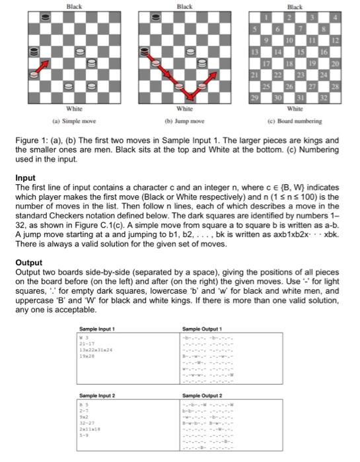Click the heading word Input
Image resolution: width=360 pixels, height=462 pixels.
[x=24, y=178]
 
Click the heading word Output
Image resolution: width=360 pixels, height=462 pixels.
[x=28, y=262]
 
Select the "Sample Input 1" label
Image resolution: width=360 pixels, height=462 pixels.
[x=96, y=328]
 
